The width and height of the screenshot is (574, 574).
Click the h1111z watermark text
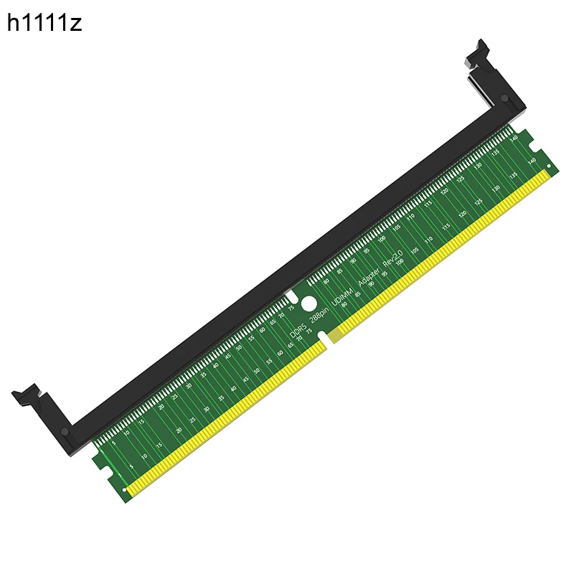[x=44, y=23]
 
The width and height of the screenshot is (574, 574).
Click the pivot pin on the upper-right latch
[x=505, y=98]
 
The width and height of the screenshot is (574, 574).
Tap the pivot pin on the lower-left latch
[x=66, y=433]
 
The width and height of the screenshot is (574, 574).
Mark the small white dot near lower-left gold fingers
[x=126, y=491]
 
